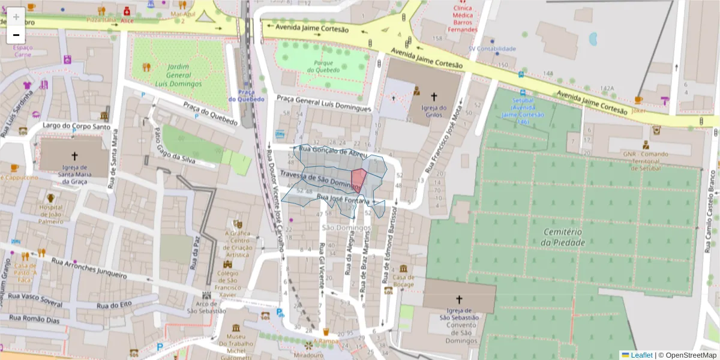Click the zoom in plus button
pos(16,17)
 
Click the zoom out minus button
pos(16,35)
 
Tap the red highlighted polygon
pos(359,179)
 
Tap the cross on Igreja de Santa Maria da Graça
pos(74,154)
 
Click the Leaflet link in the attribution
pos(641,355)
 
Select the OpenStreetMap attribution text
pos(691,355)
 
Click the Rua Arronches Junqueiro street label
pos(89,268)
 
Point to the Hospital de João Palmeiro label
pos(51,214)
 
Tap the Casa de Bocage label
pos(403,280)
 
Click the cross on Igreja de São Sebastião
pos(459,299)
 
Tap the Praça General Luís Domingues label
pos(324,103)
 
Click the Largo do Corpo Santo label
pos(77,126)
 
